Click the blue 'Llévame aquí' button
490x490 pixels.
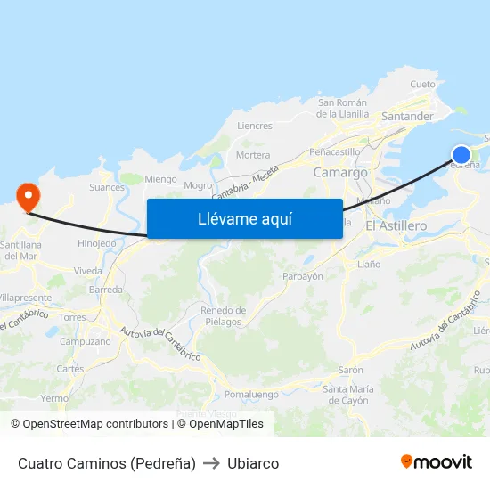pyautogui.click(x=244, y=218)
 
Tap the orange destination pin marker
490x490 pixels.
pyautogui.click(x=28, y=196)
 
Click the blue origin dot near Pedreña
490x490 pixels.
pyautogui.click(x=461, y=154)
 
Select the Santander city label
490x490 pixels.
pyautogui.click(x=407, y=117)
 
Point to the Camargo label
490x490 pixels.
pyautogui.click(x=340, y=172)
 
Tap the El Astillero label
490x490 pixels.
pyautogui.click(x=396, y=226)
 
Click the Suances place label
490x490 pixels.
pyautogui.click(x=107, y=188)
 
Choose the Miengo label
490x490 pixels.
pyautogui.click(x=160, y=179)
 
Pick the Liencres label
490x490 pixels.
pyautogui.click(x=255, y=127)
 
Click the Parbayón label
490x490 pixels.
pyautogui.click(x=302, y=276)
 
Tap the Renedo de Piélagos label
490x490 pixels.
pyautogui.click(x=222, y=315)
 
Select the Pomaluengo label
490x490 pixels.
pyautogui.click(x=251, y=395)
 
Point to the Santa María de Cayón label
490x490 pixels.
pyautogui.click(x=348, y=394)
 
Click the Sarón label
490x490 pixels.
pyautogui.click(x=350, y=370)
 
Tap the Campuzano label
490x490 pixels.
pyautogui.click(x=86, y=341)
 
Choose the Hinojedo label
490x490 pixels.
pyautogui.click(x=97, y=243)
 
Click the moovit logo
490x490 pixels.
pyautogui.click(x=436, y=462)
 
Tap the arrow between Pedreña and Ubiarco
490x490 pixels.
pyautogui.click(x=211, y=463)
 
